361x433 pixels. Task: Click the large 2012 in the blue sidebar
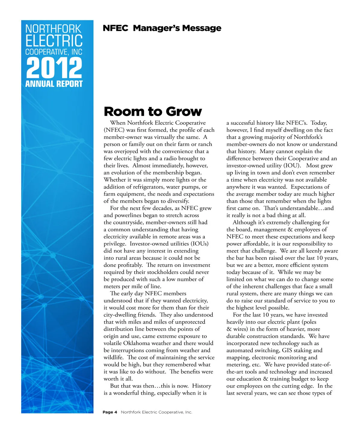[x=54, y=68]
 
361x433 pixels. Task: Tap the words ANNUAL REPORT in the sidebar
[x=54, y=84]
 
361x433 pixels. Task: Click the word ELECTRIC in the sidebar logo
[x=54, y=41]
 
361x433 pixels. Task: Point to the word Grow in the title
[x=184, y=112]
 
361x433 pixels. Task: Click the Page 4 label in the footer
[x=110, y=412]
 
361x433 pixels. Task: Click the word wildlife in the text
[x=113, y=358]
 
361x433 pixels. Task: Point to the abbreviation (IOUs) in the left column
[x=199, y=244]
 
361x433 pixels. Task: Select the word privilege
[x=115, y=244]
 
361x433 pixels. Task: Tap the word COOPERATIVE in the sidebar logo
[x=46, y=52]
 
